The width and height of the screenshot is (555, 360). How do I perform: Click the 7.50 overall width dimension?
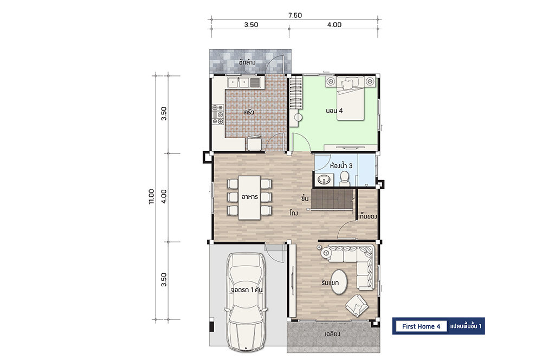click(x=295, y=15)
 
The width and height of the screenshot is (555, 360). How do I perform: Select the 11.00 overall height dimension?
click(x=152, y=197)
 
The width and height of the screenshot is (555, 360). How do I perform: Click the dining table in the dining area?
click(x=249, y=197)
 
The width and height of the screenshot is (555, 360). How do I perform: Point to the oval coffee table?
click(x=339, y=282)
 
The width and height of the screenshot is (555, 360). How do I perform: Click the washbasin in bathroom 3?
click(x=324, y=180)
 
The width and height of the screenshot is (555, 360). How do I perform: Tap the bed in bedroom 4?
click(x=350, y=99)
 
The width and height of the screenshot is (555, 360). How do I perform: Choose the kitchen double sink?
click(x=244, y=82)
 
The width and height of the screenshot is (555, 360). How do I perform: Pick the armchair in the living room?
click(x=357, y=305)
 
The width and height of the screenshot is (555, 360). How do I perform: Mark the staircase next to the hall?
click(x=333, y=200)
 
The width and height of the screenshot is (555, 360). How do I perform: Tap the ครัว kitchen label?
click(x=249, y=113)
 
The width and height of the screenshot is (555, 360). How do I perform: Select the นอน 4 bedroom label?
click(x=334, y=111)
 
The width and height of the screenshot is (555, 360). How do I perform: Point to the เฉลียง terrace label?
click(x=332, y=334)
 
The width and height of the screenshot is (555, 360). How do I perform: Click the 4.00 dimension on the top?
click(x=334, y=25)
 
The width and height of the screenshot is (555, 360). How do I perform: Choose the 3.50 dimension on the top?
click(x=251, y=25)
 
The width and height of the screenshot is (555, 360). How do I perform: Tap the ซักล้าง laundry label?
click(x=247, y=62)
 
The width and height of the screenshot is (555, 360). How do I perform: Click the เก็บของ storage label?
click(x=367, y=216)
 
